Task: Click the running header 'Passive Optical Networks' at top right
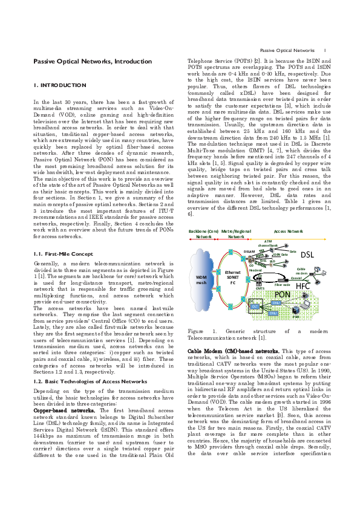[x=287, y=50]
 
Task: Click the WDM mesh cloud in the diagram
[x=201, y=280]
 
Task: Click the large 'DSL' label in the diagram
[x=307, y=254]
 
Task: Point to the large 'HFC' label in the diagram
[x=304, y=285]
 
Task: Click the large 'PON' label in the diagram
[x=283, y=294]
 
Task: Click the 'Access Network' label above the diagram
[x=289, y=231]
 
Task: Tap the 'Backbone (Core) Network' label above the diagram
[x=203, y=234]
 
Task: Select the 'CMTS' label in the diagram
[x=260, y=288]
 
